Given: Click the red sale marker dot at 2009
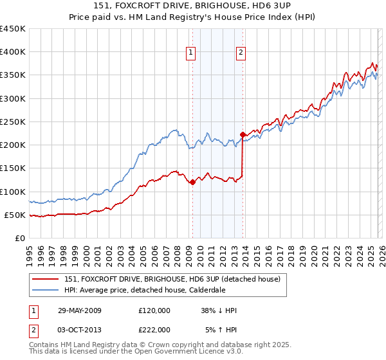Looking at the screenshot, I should [x=192, y=183].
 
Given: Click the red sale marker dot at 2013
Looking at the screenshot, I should [x=243, y=135].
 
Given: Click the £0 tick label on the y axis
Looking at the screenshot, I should [x=19, y=238].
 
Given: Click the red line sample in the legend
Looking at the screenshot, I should [x=46, y=280].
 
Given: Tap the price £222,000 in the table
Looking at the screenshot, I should [x=154, y=330].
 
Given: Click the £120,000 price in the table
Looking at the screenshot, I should [x=154, y=310].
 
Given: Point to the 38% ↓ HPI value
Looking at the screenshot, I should [x=219, y=310].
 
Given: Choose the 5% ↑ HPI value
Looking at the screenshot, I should [x=221, y=330].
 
